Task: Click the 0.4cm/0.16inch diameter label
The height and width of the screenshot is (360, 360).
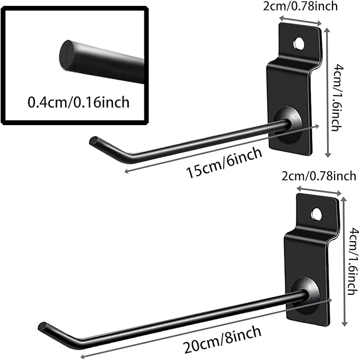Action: click(78, 102)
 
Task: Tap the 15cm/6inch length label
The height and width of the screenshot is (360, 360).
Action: click(224, 163)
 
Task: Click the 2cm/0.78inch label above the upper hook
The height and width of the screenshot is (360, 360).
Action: click(300, 6)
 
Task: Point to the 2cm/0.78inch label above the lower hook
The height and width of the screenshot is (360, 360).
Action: click(319, 177)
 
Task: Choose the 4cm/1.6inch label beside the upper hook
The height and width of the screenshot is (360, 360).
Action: click(337, 98)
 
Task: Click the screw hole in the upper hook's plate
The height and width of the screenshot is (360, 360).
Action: click(299, 43)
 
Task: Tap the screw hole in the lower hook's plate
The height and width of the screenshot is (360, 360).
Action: click(316, 214)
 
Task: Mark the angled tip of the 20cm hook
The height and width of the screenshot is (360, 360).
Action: click(43, 326)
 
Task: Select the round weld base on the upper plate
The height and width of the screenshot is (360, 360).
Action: click(287, 125)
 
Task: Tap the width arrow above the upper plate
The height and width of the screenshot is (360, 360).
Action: click(300, 20)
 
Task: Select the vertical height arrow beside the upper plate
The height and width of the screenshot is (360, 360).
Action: click(328, 93)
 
